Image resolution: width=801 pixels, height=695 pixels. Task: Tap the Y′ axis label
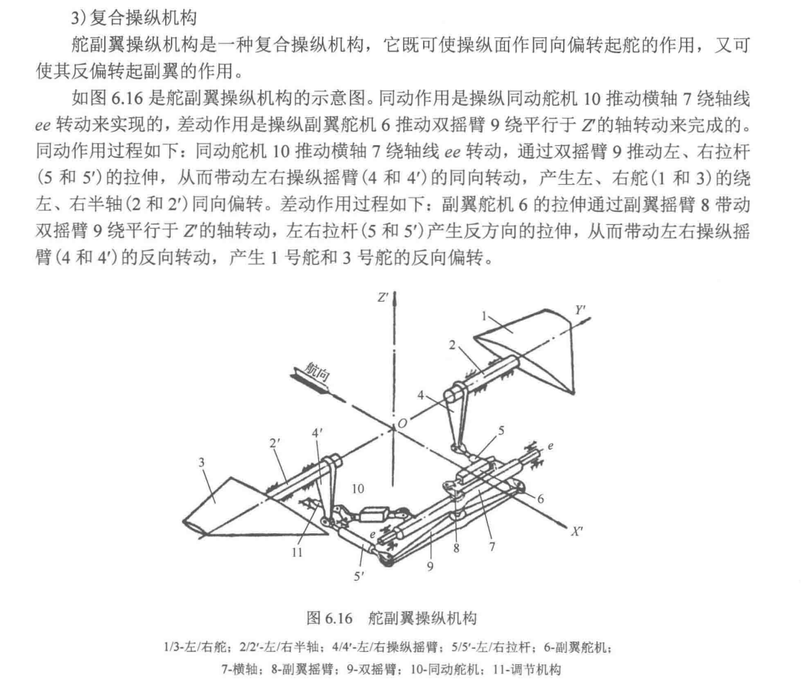(x=581, y=310)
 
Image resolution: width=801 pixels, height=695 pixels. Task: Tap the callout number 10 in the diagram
(x=357, y=488)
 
